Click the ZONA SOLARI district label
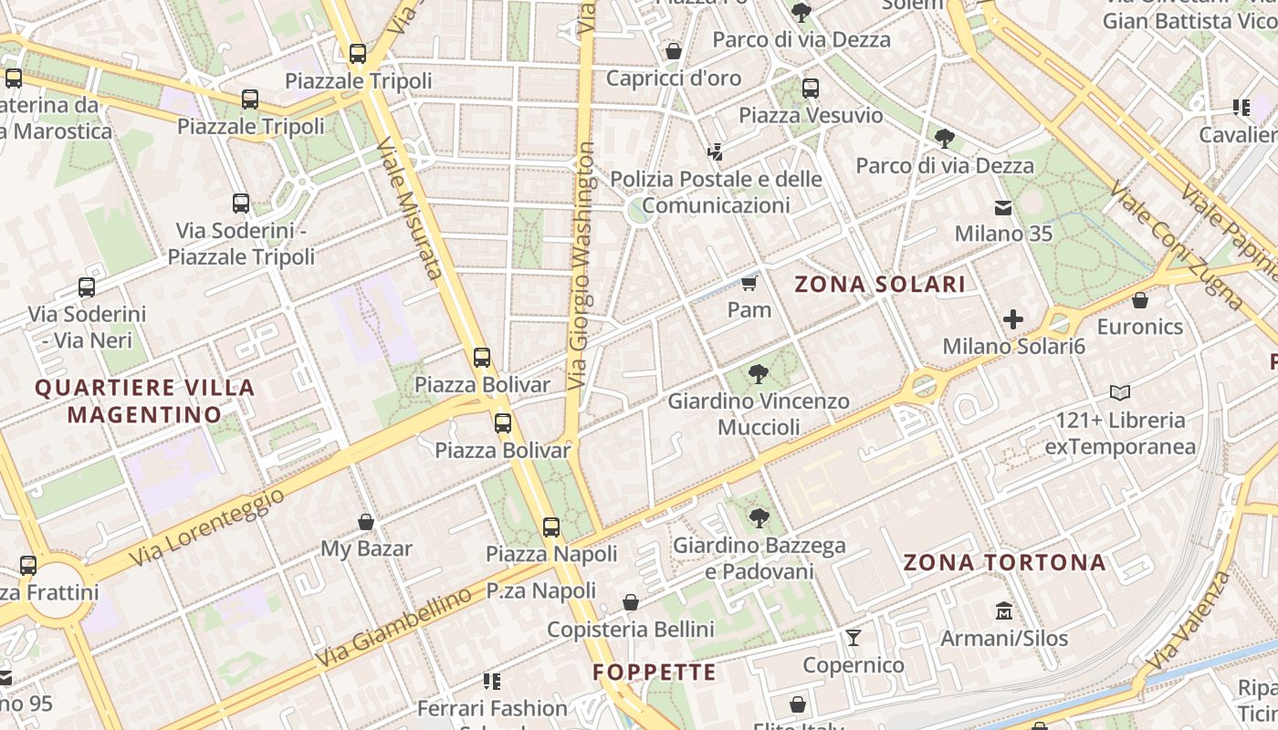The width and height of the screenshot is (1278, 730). (x=880, y=284)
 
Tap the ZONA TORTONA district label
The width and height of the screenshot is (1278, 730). (x=1004, y=562)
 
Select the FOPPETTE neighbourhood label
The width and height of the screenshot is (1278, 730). (x=655, y=673)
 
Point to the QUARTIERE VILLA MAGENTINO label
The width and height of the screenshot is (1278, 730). (x=145, y=401)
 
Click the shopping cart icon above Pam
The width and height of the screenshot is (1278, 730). (x=749, y=283)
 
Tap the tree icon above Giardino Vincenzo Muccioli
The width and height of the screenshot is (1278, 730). (x=758, y=373)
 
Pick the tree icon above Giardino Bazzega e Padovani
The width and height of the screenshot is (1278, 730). (x=758, y=518)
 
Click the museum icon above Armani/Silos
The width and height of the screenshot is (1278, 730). (x=1004, y=610)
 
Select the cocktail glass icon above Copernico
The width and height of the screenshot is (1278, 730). (x=854, y=637)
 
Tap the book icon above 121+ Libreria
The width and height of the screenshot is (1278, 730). (x=1120, y=392)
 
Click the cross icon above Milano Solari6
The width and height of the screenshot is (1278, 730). (x=1012, y=319)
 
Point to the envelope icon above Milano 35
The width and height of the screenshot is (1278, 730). (x=1003, y=207)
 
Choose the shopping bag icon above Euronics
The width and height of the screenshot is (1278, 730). (x=1139, y=300)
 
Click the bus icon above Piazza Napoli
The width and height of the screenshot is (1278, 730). (x=551, y=527)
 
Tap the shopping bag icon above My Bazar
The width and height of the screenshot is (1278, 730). (x=366, y=522)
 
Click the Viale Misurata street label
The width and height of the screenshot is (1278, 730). (x=409, y=208)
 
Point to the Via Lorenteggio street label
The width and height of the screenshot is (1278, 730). (x=206, y=527)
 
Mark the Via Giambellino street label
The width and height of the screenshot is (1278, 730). (x=394, y=627)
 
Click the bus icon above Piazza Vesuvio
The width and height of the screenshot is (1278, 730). (x=811, y=89)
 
